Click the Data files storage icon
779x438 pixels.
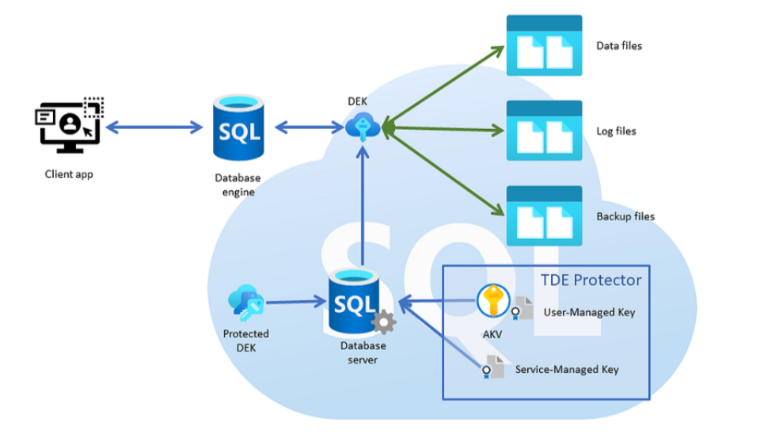tap(544, 46)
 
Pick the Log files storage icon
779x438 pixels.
tap(544, 131)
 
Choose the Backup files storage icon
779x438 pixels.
tap(544, 215)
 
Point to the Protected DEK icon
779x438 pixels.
tap(245, 303)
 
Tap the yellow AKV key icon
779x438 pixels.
tap(493, 302)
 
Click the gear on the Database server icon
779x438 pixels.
tap(383, 322)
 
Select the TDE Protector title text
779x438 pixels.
tap(591, 280)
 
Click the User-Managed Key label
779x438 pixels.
tap(589, 312)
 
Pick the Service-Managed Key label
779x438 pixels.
tap(567, 369)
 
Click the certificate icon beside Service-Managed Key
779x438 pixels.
tap(493, 367)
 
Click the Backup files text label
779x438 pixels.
tap(625, 216)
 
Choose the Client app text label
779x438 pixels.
tap(68, 173)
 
